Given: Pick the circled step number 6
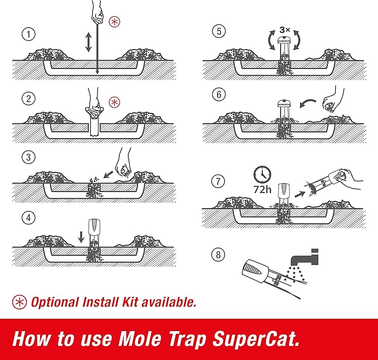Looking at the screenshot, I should click(218, 95).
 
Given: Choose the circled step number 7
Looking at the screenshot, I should click(218, 181).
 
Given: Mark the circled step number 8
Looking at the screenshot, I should click(218, 255).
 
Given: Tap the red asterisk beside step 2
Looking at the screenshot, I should click(114, 102).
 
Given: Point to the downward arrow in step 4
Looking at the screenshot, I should click(81, 236).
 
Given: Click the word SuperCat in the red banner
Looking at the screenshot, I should click(251, 339).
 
